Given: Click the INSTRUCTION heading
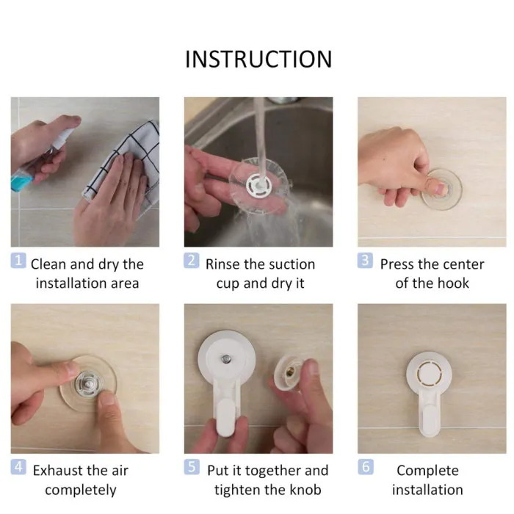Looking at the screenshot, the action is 258,59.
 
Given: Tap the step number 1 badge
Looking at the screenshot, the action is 18,261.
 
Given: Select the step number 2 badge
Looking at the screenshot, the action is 192,261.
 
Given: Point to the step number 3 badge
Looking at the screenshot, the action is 365,261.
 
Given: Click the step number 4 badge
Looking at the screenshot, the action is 18,467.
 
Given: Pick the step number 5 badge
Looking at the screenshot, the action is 192,467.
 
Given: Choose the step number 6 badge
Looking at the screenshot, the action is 365,467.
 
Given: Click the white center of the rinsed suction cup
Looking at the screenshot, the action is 258,185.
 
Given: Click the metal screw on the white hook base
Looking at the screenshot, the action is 226,359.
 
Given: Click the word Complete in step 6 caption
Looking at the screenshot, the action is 427,471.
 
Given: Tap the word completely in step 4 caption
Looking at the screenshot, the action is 81,491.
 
